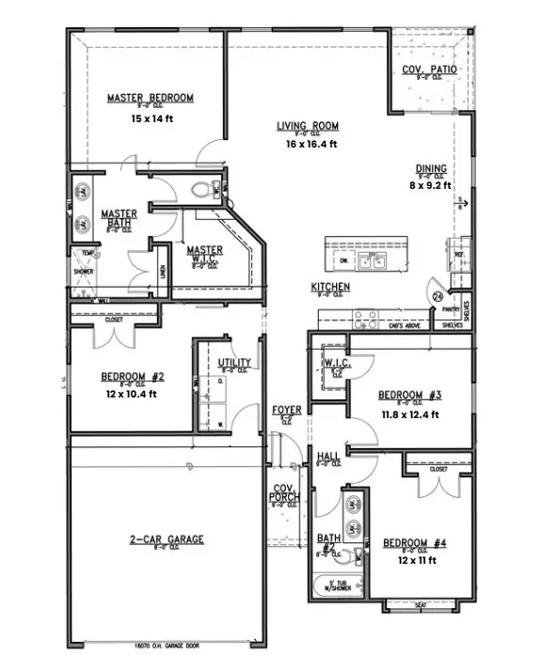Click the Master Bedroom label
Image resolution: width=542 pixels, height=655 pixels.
pos(150,98)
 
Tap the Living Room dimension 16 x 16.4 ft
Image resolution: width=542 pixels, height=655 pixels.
pos(307,144)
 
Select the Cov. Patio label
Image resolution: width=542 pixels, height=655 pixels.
pos(424,70)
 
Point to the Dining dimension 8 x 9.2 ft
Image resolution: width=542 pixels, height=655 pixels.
pos(431,186)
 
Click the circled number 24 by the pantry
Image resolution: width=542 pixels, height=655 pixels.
pos(438,296)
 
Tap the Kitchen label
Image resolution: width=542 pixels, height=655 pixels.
pos(331,287)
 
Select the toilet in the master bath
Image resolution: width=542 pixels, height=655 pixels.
pos(200,190)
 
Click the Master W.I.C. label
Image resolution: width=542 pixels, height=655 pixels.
pos(204,251)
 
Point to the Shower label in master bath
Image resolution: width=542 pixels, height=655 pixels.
pos(84,274)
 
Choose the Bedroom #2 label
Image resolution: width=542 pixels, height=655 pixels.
pos(133,376)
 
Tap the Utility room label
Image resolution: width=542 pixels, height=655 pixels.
pos(233,362)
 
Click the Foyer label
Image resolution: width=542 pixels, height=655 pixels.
pos(286,410)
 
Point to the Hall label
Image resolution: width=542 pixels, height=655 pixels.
pos(328,457)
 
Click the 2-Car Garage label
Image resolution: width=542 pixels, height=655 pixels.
pos(167,539)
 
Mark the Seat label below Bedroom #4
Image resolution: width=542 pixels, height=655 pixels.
pos(421,605)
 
